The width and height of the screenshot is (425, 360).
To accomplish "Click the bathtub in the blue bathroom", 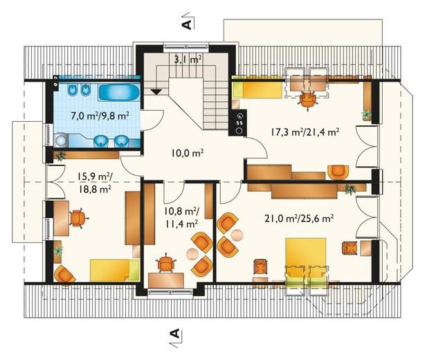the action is pyautogui.click(x=119, y=93).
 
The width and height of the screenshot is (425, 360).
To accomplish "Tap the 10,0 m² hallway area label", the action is pyautogui.click(x=188, y=153).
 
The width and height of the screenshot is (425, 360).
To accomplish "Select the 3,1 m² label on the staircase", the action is pyautogui.click(x=188, y=59).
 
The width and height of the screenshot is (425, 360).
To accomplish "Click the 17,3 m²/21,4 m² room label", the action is pyautogui.click(x=305, y=132).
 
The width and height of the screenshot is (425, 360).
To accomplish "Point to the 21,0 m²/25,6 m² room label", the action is pyautogui.click(x=299, y=218).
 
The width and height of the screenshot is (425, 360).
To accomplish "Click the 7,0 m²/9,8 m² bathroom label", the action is pyautogui.click(x=100, y=116).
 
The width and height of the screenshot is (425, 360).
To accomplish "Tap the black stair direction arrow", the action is pyautogui.click(x=156, y=92).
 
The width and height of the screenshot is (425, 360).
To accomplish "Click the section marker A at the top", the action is pyautogui.click(x=187, y=24).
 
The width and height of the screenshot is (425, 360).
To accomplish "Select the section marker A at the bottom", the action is pyautogui.click(x=175, y=333).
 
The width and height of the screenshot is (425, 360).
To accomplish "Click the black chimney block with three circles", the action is pyautogui.click(x=237, y=123).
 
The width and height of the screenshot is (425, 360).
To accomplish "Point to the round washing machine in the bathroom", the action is pyautogui.click(x=61, y=141).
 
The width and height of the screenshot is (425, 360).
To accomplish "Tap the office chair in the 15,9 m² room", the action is pyautogui.click(x=78, y=217).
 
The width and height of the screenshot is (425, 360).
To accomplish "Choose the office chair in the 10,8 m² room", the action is pyautogui.click(x=166, y=263).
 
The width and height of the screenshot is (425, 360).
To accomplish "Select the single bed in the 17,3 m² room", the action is pyautogui.click(x=257, y=91).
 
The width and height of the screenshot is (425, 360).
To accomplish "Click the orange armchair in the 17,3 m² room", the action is pyautogui.click(x=338, y=172).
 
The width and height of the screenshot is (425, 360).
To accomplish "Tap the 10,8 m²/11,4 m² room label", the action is pyautogui.click(x=181, y=217).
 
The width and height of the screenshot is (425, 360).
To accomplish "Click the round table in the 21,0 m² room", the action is pyautogui.click(x=237, y=235).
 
